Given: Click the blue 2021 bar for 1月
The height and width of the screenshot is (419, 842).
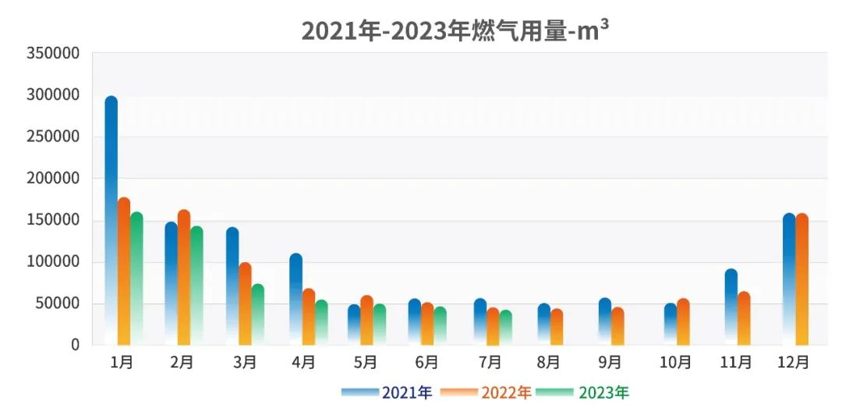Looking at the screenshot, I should [111, 218].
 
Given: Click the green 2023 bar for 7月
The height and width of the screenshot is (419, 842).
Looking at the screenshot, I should [506, 327].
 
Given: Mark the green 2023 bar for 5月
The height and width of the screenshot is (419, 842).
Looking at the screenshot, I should [380, 324].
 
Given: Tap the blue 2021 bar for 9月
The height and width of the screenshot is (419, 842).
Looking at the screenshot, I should [605, 321].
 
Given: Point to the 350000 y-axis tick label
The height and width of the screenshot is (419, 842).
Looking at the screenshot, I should [53, 53].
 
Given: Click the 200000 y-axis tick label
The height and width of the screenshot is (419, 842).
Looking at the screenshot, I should [53, 178].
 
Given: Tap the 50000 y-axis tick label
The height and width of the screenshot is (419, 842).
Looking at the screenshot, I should [58, 303].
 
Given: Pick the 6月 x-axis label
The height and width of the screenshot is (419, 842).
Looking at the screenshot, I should [426, 362].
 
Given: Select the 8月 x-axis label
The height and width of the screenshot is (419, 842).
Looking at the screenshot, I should [548, 362].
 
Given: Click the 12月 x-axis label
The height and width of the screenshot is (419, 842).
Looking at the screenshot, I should [794, 362].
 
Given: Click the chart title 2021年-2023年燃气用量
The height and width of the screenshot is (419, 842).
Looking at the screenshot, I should [455, 31].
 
